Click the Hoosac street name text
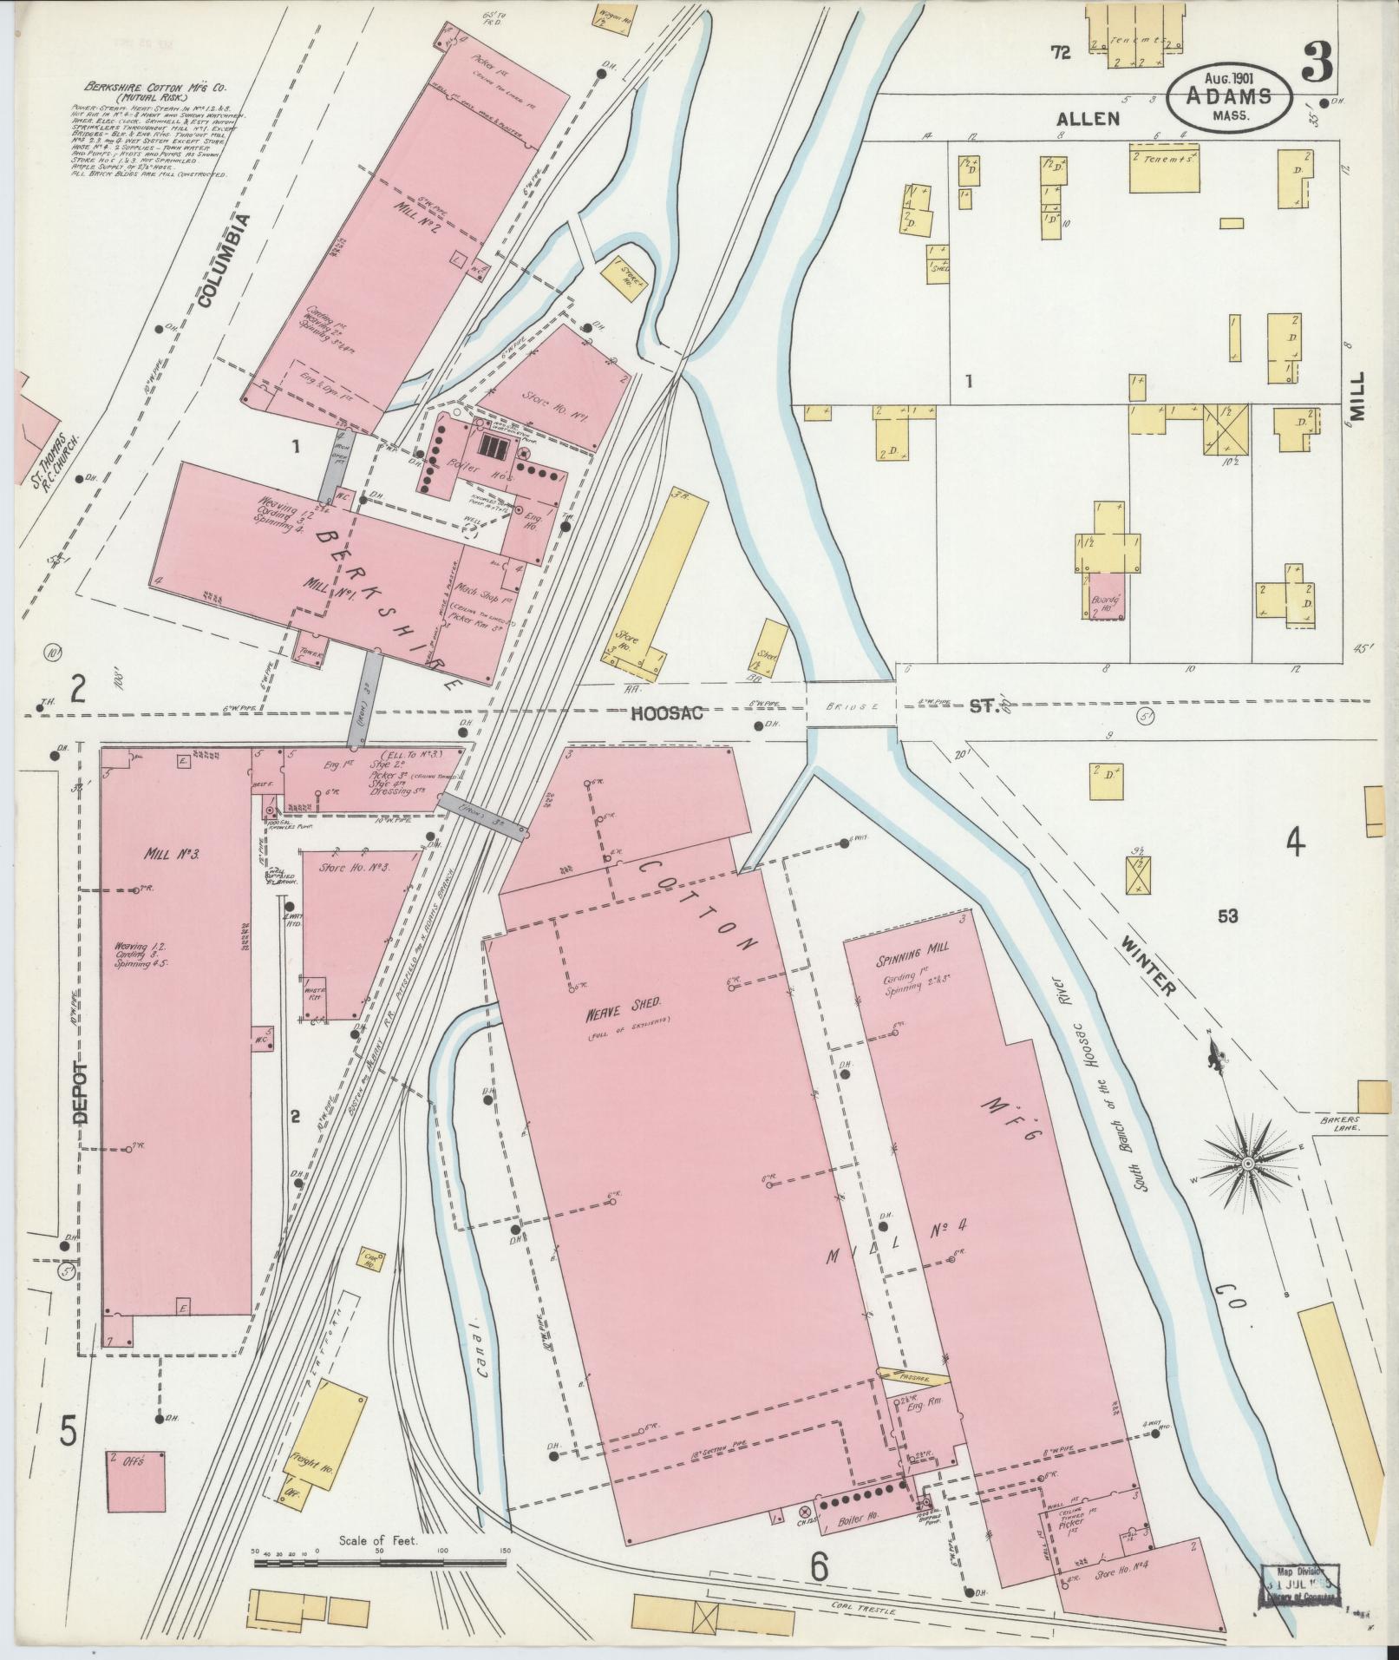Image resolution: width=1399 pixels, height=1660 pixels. click(667, 712)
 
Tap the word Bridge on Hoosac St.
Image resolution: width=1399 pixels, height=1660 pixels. click(852, 706)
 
